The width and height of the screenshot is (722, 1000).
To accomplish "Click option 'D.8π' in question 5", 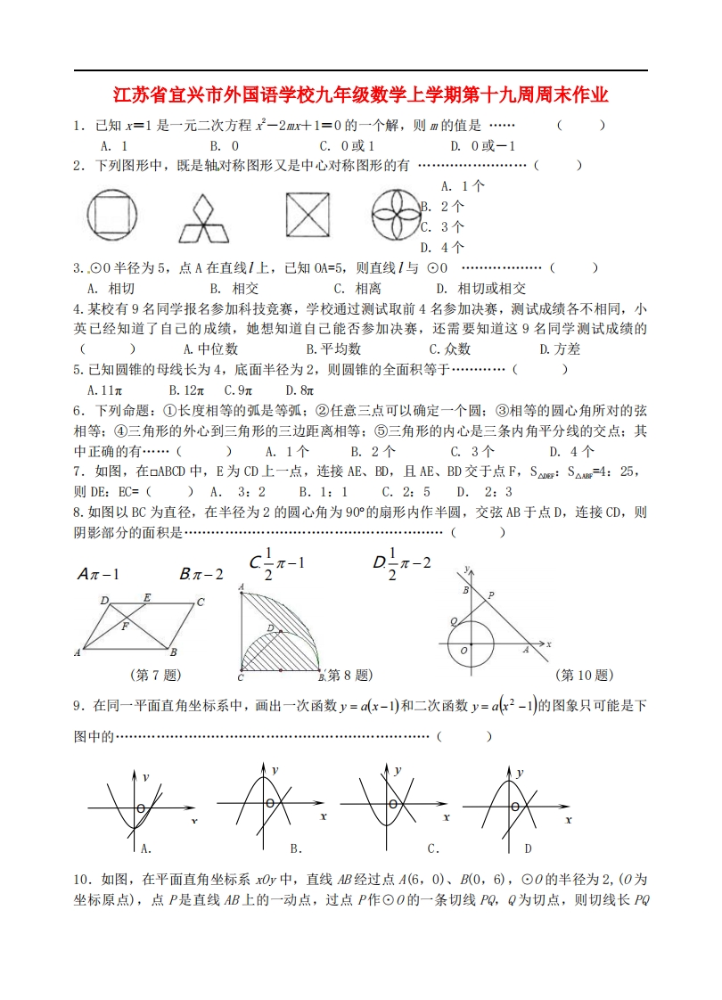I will (x=299, y=389).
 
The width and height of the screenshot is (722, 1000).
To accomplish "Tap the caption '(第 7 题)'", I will (x=156, y=675).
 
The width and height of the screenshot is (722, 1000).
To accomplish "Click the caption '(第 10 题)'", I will (x=583, y=675).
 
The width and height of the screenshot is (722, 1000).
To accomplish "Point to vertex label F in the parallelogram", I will (x=125, y=627).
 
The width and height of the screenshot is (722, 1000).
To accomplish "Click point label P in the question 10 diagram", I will (x=491, y=594).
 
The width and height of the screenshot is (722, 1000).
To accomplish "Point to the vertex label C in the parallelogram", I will (x=201, y=602).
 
